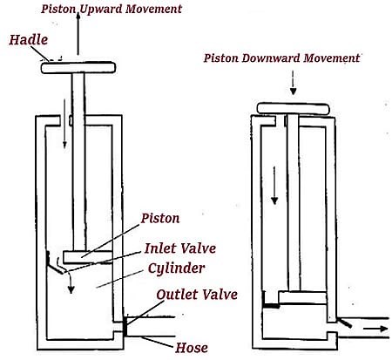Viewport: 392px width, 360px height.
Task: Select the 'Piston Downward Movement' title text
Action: pos(281,59)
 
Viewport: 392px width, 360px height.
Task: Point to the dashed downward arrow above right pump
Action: pos(293,82)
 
